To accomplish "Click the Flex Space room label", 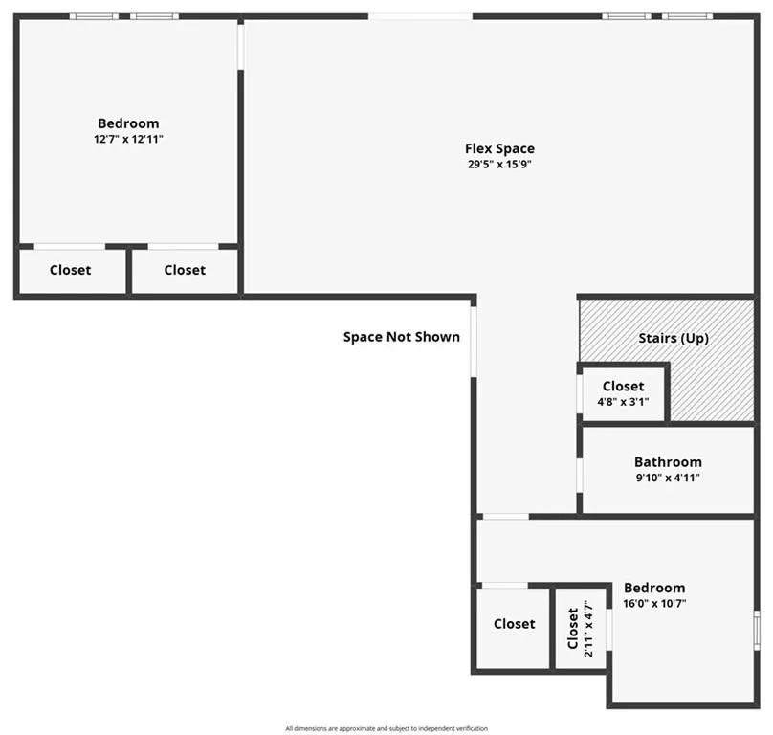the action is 499,148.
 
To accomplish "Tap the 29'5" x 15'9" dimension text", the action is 499,165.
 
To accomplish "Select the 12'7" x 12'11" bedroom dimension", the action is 128,139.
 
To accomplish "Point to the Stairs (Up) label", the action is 674,339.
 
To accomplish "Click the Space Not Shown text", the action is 401,337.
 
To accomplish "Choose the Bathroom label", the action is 668,462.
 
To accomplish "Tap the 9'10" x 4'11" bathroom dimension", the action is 668,478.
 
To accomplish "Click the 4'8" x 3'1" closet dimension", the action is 623,402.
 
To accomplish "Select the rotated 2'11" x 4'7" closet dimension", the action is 588,629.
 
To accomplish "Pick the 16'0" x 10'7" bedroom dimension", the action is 654,603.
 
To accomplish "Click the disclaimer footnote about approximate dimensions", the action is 386,728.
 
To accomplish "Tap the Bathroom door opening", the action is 580,476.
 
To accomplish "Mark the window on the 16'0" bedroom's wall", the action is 758,631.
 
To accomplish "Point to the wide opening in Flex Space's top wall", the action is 421,17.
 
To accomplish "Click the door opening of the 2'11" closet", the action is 609,630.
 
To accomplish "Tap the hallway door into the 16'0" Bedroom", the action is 506,517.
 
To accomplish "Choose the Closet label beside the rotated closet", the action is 514,624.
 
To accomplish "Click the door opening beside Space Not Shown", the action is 474,342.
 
